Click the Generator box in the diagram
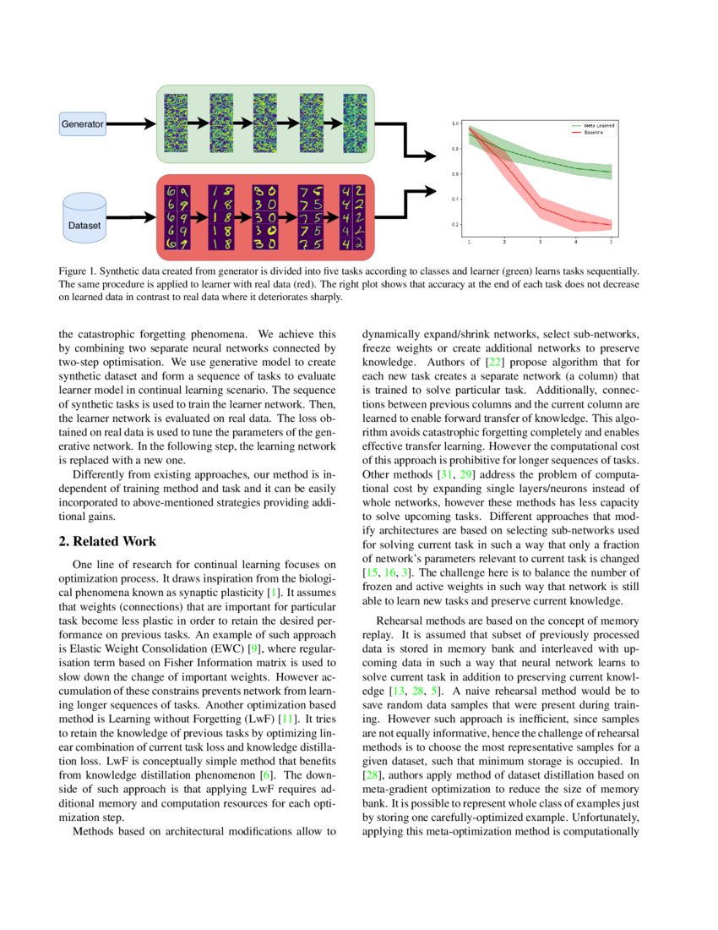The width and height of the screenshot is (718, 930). tap(82, 124)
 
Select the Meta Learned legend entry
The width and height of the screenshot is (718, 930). tap(598, 125)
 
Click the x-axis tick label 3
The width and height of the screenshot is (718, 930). tap(540, 242)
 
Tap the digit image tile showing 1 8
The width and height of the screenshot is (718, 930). tap(220, 218)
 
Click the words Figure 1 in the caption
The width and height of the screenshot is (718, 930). tap(77, 271)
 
